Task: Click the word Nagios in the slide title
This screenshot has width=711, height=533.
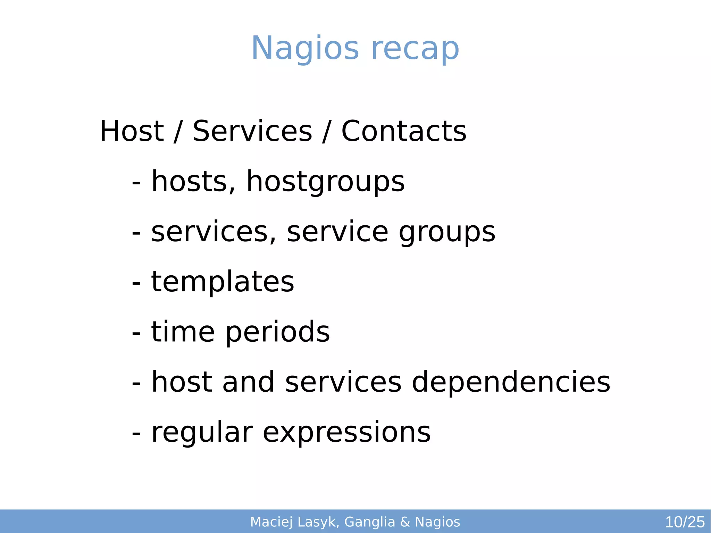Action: pos(305,49)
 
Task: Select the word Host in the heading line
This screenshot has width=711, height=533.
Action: pos(132,131)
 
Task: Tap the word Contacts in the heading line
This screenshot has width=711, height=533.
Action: pos(404,131)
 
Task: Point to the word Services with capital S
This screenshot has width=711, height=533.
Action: pos(252,131)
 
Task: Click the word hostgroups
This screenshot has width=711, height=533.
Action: pos(325,182)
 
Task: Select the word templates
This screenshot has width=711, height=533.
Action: pos(223,282)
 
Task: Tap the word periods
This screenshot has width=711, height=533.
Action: pos(277,333)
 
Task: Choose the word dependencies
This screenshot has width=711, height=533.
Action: pos(511,382)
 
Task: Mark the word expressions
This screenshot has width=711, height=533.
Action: pos(346,433)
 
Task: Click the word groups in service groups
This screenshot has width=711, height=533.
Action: pos(447,233)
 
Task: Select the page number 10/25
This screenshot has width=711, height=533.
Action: pos(685,522)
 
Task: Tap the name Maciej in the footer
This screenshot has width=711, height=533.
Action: pos(271,522)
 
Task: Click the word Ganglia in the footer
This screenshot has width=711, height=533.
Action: pos(370,522)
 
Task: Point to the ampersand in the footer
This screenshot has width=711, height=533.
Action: pos(405,522)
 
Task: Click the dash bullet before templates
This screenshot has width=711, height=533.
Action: pos(136,283)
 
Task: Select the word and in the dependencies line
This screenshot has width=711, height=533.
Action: pos(248,382)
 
